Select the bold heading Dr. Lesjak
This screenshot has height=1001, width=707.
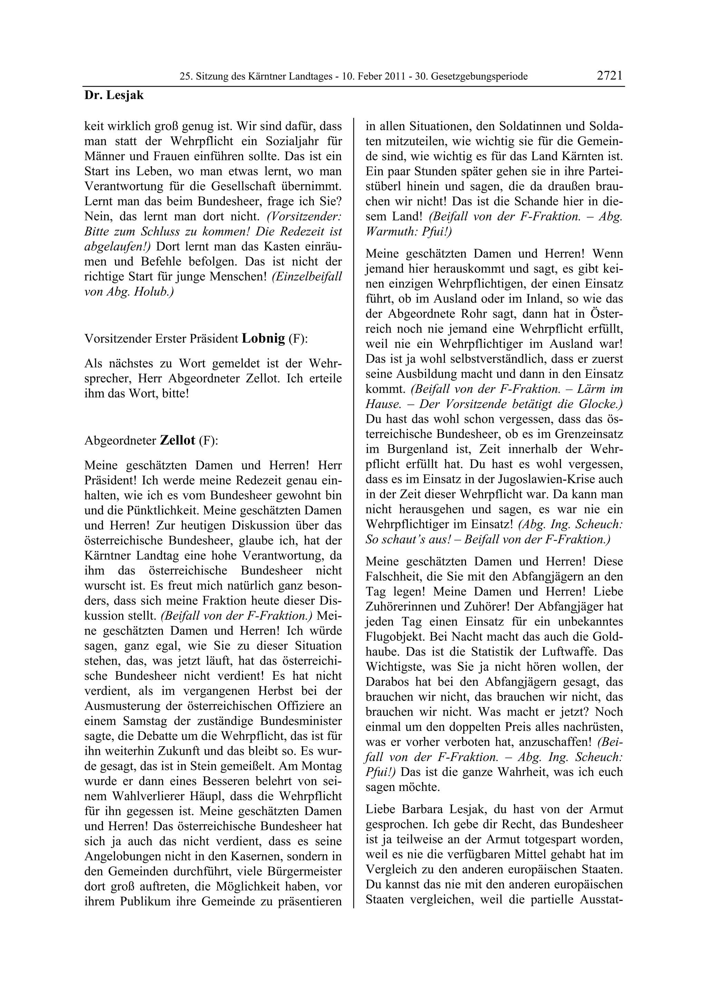point(114,95)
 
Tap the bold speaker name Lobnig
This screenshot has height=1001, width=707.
point(263,338)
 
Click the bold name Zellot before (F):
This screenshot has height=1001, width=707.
point(178,440)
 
